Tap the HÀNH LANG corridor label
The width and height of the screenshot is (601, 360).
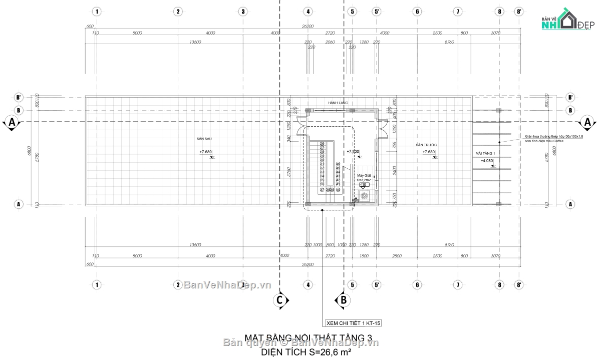(338, 103)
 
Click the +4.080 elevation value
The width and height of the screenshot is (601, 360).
(487, 161)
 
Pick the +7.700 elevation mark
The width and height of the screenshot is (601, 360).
(353, 151)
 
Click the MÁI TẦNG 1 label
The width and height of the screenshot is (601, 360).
(485, 153)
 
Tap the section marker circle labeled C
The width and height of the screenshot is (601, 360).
(280, 300)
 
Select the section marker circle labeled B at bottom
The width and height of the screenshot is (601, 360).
(344, 300)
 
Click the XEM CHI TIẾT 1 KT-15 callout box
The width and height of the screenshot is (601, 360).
(353, 323)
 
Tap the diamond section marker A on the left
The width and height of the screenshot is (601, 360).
(12, 122)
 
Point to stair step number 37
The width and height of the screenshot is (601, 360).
(322, 190)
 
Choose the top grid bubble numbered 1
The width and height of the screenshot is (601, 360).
(97, 11)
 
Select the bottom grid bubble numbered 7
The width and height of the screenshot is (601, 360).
(457, 284)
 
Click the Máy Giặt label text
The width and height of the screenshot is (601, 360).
(364, 176)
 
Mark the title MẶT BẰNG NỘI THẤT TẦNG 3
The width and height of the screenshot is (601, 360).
(308, 338)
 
